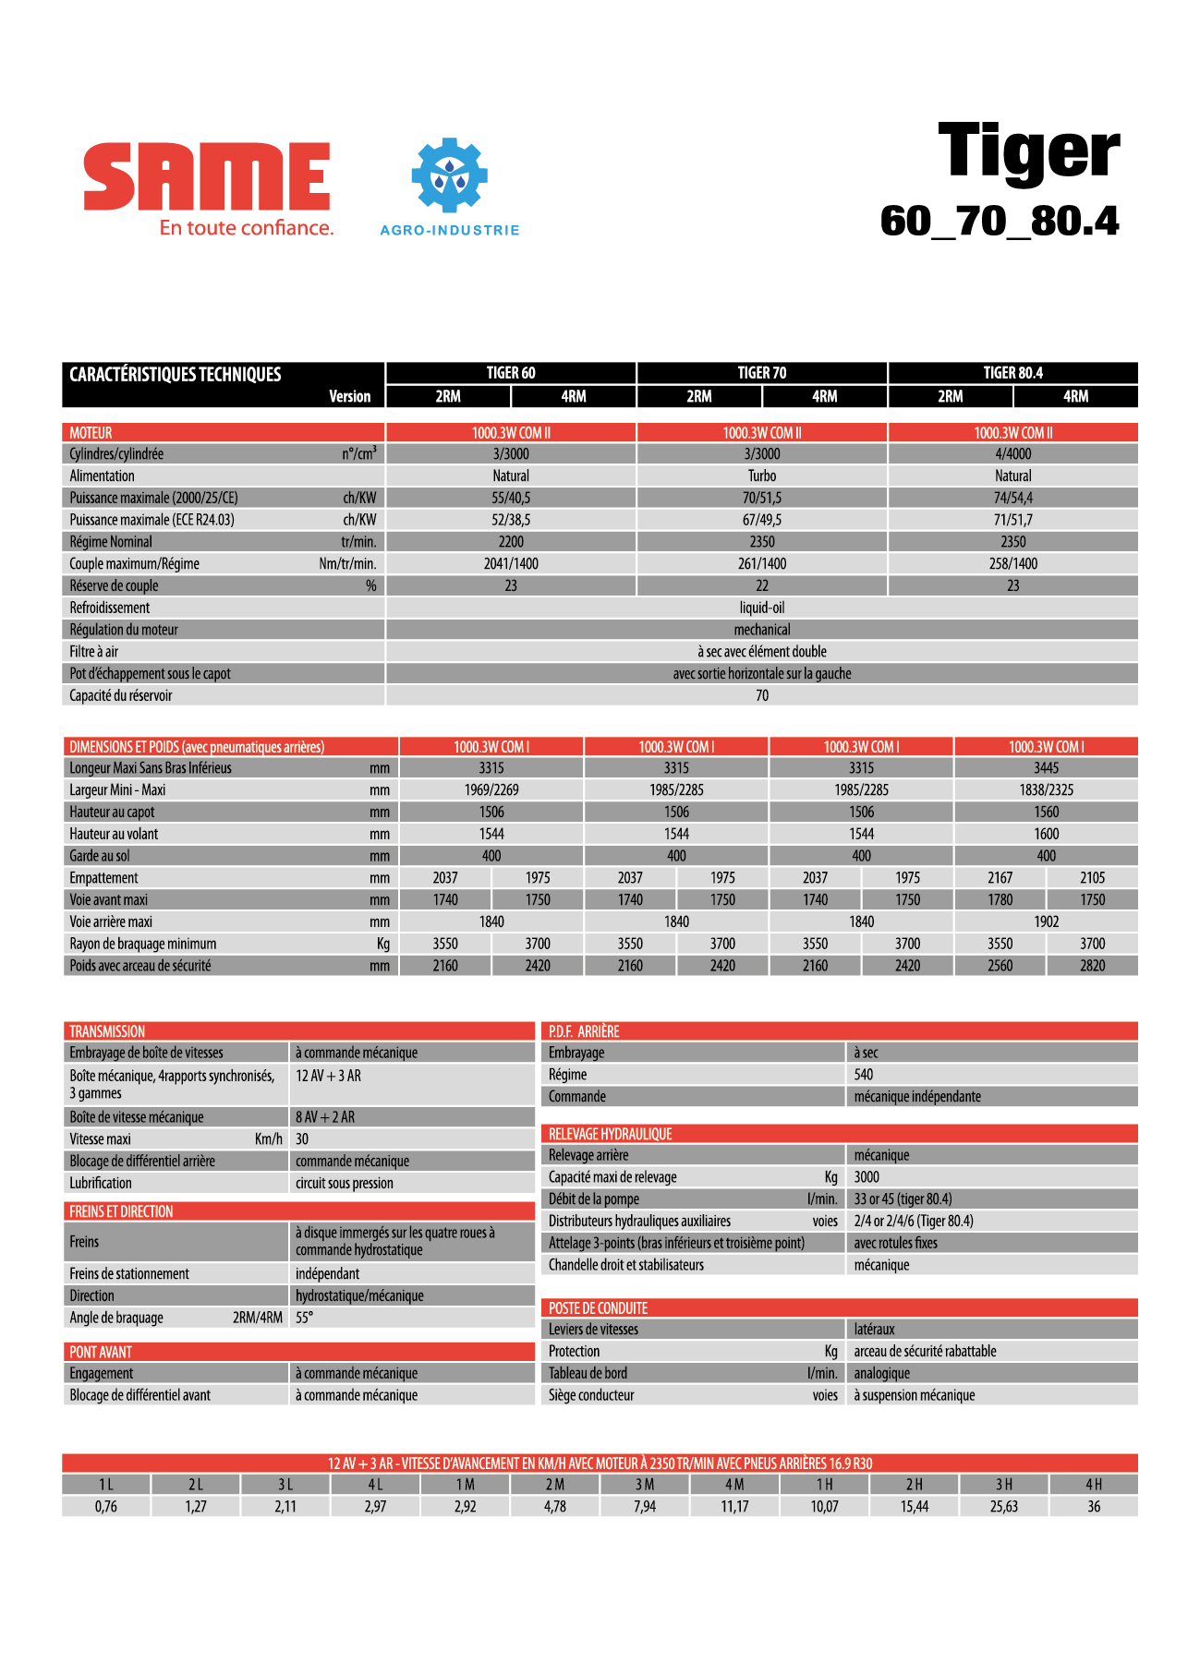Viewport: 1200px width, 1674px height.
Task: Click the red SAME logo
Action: coord(206,176)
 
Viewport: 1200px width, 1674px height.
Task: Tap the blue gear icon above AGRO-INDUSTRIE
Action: coord(449,175)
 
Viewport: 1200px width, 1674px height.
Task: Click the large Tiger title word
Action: coord(1028,151)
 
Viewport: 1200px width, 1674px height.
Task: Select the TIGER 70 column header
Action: coord(761,373)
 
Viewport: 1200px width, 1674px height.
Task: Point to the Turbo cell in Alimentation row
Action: coord(761,476)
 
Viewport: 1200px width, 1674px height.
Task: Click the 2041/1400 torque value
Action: coord(511,563)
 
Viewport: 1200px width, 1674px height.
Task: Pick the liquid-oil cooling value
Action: coord(761,608)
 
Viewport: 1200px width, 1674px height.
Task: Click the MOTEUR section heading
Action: coord(91,432)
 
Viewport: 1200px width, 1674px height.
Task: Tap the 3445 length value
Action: coord(1046,768)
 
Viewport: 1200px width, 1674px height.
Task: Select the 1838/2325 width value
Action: coord(1046,790)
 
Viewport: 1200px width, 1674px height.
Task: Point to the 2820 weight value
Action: coord(1092,966)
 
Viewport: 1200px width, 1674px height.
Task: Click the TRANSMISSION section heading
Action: coord(107,1031)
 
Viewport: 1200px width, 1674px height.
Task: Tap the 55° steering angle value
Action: coord(304,1318)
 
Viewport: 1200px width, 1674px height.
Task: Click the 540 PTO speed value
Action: coord(864,1075)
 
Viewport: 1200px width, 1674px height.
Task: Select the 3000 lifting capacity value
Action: coord(867,1177)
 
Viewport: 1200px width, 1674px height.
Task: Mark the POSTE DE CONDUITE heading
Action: coord(598,1308)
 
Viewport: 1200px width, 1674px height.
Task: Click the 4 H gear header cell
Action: coord(1093,1485)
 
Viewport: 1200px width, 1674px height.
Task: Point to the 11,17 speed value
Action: coord(734,1507)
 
